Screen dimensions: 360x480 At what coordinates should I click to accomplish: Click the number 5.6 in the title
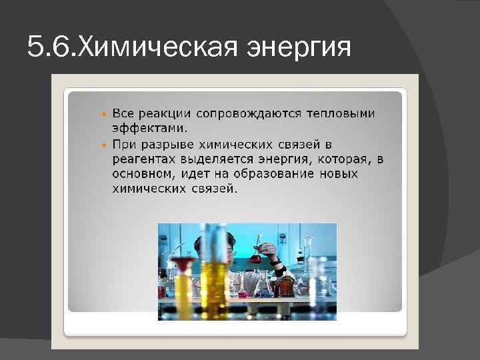(51, 47)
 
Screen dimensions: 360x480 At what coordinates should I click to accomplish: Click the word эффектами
(149, 128)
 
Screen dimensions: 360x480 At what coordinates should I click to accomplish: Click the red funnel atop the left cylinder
(185, 267)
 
